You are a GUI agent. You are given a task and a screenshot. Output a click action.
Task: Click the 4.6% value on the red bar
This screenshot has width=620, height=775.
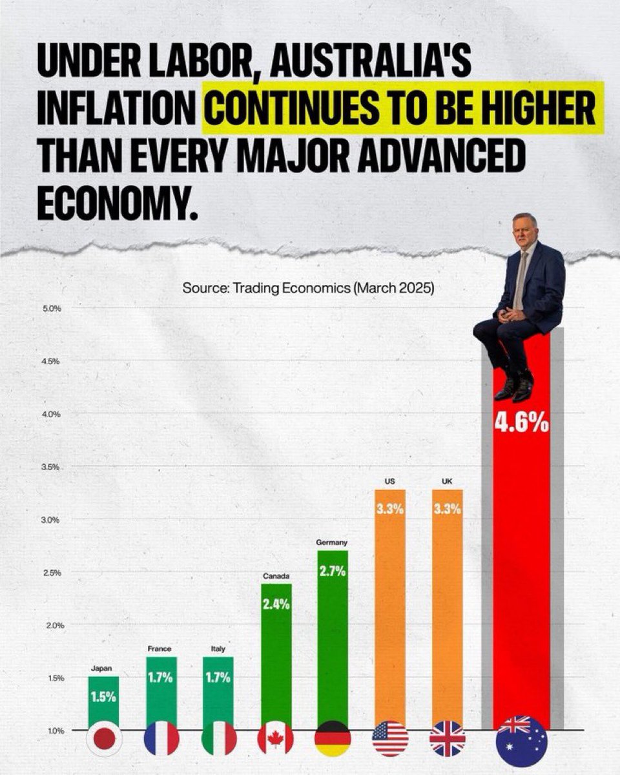pyautogui.click(x=521, y=424)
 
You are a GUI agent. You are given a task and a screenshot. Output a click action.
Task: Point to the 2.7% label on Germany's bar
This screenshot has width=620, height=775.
pyautogui.click(x=333, y=571)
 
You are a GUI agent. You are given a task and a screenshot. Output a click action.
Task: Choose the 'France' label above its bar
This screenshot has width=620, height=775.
pyautogui.click(x=160, y=648)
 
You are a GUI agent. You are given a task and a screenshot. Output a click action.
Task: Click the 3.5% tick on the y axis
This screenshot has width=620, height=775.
pyautogui.click(x=51, y=468)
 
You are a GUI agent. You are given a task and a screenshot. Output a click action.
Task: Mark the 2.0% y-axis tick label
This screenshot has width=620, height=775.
pyautogui.click(x=56, y=626)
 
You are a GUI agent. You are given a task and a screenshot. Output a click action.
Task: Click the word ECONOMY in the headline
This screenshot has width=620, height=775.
pyautogui.click(x=118, y=202)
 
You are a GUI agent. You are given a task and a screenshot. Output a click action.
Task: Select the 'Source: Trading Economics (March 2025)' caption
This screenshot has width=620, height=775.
pyautogui.click(x=308, y=288)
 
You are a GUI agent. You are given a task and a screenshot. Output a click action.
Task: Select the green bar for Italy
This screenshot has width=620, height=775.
pyautogui.click(x=218, y=690)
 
